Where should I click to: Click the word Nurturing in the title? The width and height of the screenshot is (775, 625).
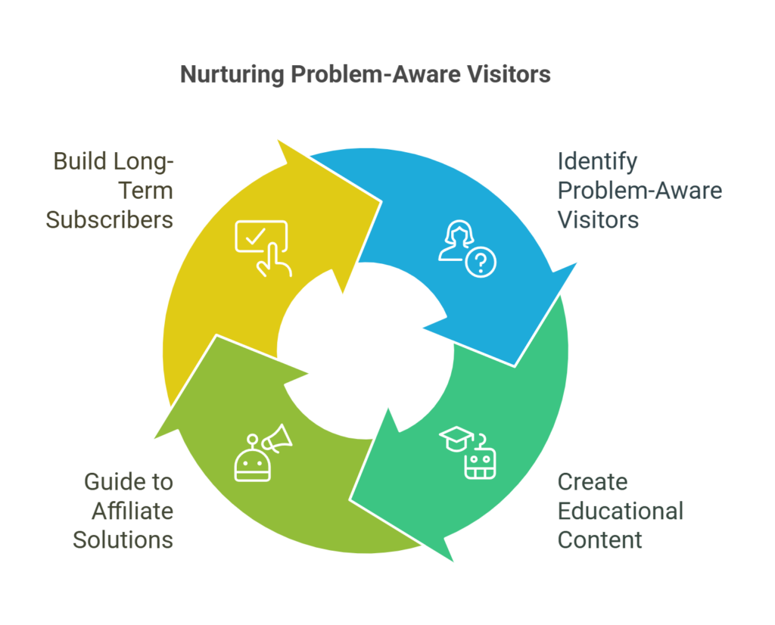click(232, 75)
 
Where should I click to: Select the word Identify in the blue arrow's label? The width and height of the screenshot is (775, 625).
click(597, 163)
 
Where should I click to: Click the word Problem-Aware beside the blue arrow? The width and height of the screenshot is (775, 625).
click(640, 191)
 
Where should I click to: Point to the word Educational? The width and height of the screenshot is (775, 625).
click(621, 511)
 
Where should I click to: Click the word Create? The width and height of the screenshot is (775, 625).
click(593, 482)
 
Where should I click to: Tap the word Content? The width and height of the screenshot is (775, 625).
click(600, 539)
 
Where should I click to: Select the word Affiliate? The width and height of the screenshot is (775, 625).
click(132, 511)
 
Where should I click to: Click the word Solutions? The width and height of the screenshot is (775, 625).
click(123, 539)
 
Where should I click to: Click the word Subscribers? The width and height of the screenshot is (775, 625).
click(109, 220)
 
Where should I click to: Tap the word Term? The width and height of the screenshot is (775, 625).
click(146, 191)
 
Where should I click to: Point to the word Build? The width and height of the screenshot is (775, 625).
click(80, 162)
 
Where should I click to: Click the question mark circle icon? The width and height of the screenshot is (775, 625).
click(481, 262)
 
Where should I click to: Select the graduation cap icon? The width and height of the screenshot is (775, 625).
click(456, 439)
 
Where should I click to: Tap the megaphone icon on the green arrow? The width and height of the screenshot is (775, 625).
click(278, 438)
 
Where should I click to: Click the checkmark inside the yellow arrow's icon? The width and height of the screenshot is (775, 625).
click(256, 237)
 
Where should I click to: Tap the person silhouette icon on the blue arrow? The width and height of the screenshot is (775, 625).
click(456, 240)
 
